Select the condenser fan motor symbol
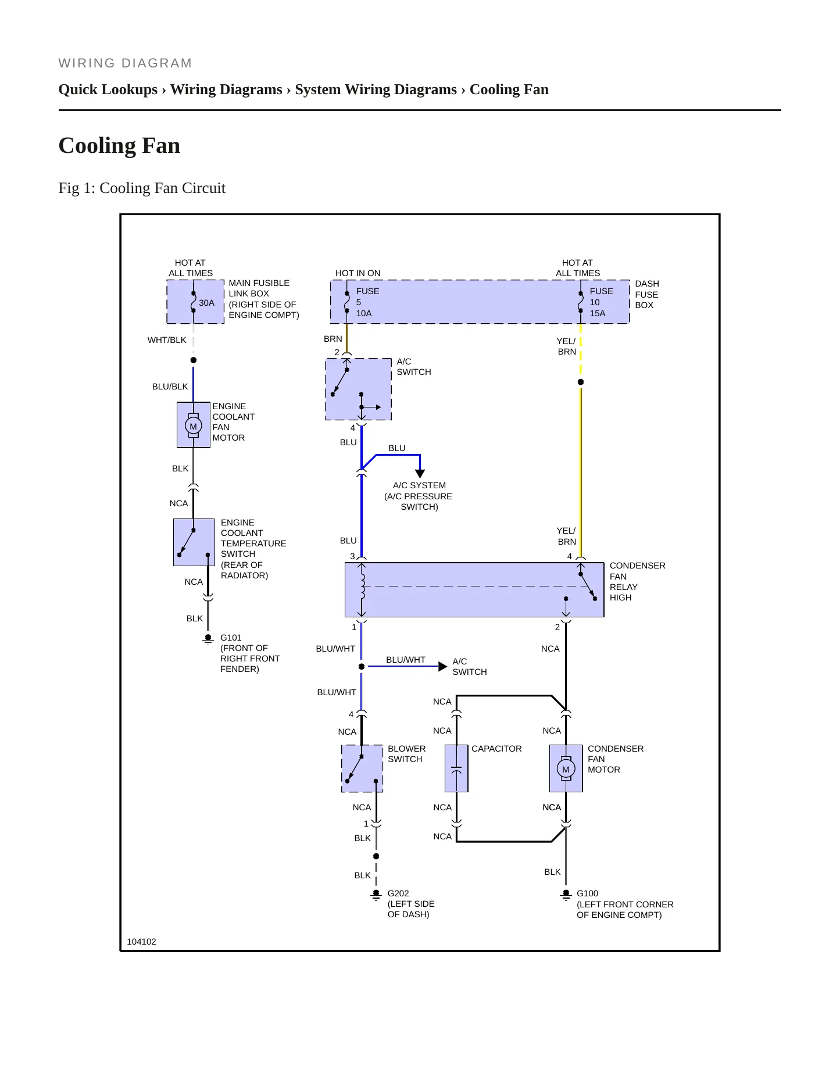click(x=566, y=768)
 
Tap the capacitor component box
click(x=456, y=768)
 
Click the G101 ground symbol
click(x=208, y=639)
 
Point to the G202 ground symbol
click(x=376, y=895)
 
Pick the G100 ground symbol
click(x=566, y=895)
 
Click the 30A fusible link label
click(x=206, y=303)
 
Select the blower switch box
click(x=362, y=768)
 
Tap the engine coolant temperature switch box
click(x=194, y=542)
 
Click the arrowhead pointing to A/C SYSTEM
click(x=420, y=474)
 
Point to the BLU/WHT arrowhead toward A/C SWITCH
click(x=443, y=666)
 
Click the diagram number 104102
click(x=141, y=942)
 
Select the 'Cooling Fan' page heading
click(x=119, y=145)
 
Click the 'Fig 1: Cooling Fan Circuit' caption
click(x=142, y=188)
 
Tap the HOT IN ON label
click(x=358, y=273)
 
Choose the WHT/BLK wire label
click(x=167, y=340)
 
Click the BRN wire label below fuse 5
click(x=333, y=339)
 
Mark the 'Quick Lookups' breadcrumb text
click(x=108, y=90)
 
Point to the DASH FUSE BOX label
click(x=647, y=294)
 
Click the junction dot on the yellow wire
click(x=581, y=382)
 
